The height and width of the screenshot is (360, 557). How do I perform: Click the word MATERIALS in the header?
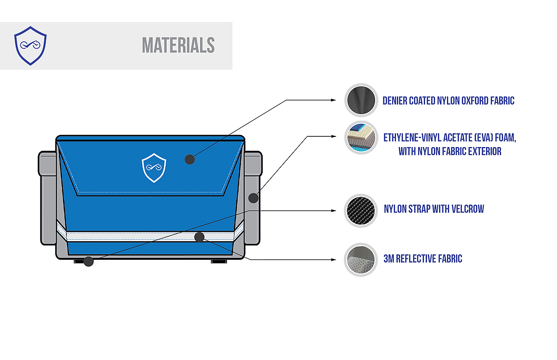[178, 45]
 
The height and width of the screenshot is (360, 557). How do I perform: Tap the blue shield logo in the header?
[30, 45]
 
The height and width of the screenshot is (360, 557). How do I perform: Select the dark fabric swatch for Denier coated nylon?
[361, 100]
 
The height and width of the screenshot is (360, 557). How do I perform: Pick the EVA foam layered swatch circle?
[361, 138]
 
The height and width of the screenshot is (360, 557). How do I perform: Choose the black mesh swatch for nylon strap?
[361, 211]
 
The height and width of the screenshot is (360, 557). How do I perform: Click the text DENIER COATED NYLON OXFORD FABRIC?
[448, 101]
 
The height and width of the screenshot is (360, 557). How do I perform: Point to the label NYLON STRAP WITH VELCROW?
[434, 209]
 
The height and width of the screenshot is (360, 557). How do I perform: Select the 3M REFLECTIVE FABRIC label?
[423, 259]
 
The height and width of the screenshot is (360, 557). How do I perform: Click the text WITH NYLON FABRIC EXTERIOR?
[450, 151]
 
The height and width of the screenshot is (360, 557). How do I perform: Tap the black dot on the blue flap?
[189, 160]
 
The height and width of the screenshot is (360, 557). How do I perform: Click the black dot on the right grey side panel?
[253, 198]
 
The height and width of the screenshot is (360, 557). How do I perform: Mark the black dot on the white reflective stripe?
[200, 237]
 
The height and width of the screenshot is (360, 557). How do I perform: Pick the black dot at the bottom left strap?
[89, 262]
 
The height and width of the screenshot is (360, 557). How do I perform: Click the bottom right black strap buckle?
[219, 262]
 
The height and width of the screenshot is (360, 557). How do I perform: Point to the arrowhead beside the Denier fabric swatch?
[332, 100]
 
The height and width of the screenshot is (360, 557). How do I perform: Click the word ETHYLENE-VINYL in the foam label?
[411, 138]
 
